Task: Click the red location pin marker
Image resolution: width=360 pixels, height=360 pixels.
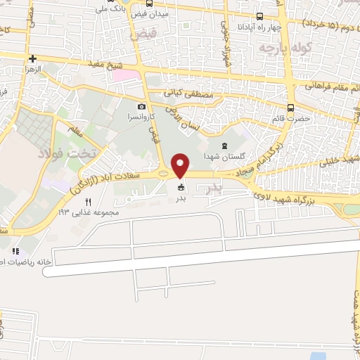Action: tap(181, 165)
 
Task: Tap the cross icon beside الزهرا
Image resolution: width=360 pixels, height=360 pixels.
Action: tap(33, 59)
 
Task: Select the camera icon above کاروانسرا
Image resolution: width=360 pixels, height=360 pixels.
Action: tap(142, 106)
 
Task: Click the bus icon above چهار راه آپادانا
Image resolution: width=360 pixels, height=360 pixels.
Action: tap(259, 17)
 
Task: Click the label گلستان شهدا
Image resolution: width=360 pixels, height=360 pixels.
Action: tap(223, 156)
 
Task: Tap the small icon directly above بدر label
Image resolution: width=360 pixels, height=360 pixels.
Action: tap(181, 187)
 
